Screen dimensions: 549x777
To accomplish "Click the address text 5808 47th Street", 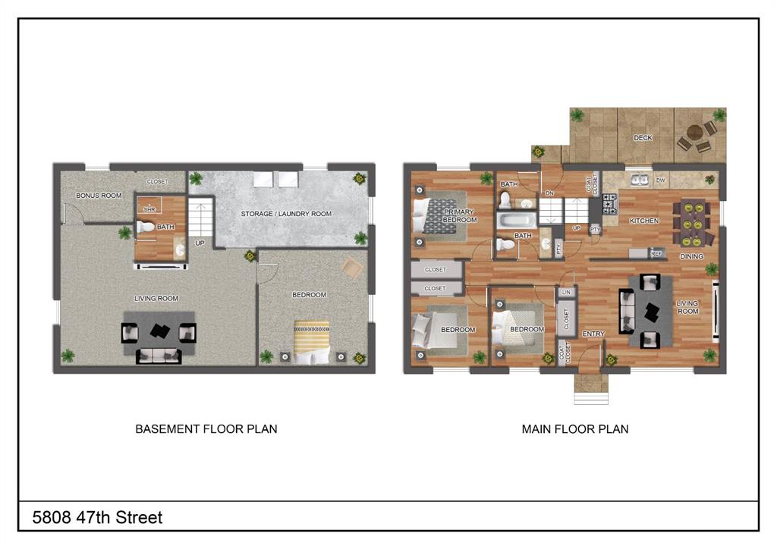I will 97,518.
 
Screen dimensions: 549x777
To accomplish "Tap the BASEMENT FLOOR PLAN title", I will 206,429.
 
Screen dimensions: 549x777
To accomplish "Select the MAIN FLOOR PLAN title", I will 574,429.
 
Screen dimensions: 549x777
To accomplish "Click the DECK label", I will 643,138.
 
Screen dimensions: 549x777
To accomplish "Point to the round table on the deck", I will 694,137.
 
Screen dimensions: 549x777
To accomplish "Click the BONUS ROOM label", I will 99,196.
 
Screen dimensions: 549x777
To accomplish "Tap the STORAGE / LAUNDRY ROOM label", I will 286,214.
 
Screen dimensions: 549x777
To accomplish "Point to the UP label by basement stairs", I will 200,243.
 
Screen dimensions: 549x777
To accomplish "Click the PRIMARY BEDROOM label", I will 460,216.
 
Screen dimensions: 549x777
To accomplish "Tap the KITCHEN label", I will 643,221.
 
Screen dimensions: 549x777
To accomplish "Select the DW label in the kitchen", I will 660,180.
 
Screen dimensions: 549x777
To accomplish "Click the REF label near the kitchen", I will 656,254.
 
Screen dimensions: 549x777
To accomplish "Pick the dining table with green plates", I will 693,223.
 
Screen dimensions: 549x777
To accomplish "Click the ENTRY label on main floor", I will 593,334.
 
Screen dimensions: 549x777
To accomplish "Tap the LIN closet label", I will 565,292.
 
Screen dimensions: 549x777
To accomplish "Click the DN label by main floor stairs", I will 549,193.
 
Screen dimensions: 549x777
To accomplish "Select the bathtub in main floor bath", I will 516,221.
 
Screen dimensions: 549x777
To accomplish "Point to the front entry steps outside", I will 590,390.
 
